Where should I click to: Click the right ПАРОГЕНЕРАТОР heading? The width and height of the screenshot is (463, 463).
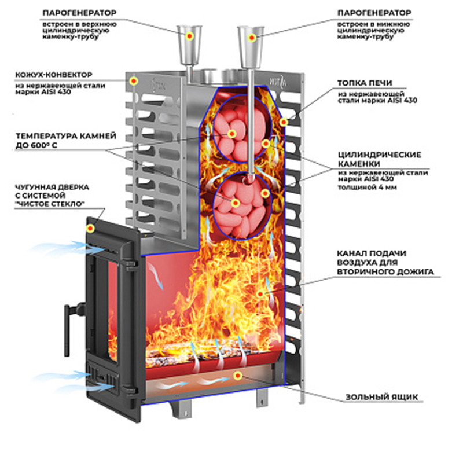point(376,12)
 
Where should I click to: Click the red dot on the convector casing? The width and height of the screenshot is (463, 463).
point(134,81)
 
